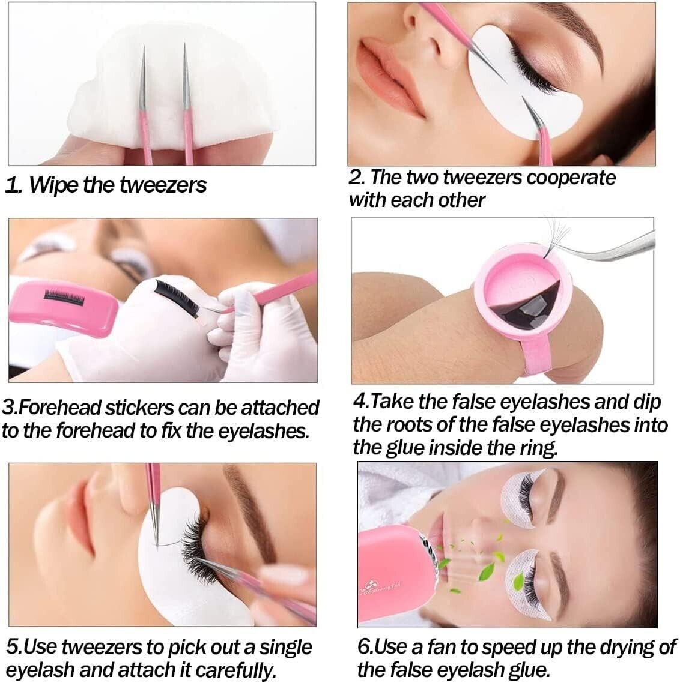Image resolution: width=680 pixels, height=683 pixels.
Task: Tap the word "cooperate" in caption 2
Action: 571,178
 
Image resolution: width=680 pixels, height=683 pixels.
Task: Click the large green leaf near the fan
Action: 487,571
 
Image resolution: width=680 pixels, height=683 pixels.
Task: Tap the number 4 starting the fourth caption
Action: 359,402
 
